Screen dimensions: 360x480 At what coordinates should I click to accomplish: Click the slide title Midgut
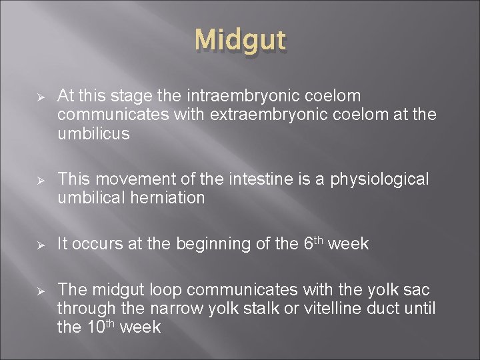point(241,41)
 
